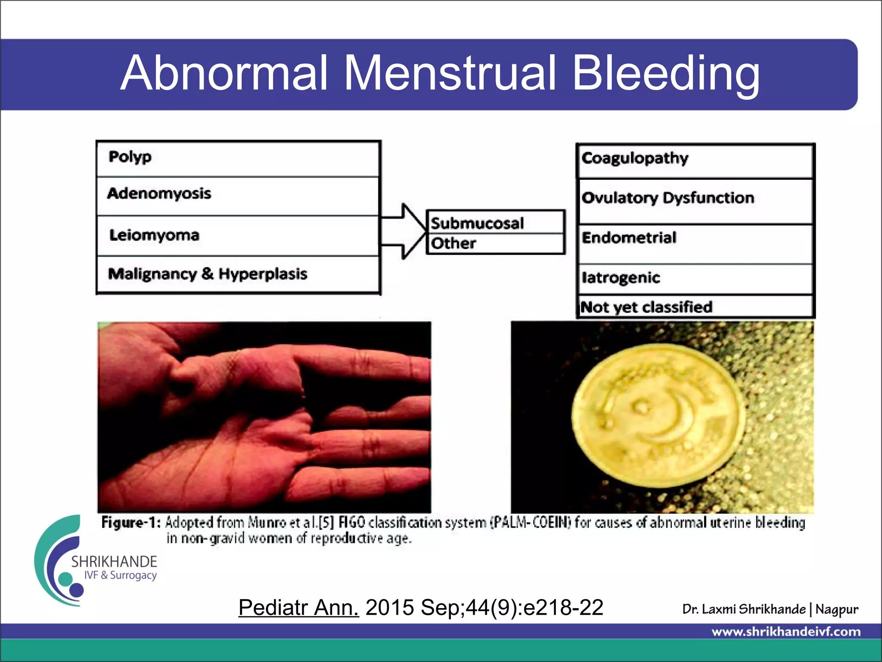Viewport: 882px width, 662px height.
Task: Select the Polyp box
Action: point(238,158)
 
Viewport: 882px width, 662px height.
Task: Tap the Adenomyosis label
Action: point(159,194)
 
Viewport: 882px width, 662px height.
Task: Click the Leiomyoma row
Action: point(238,235)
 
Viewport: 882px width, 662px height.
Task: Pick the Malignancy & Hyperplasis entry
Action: point(207,274)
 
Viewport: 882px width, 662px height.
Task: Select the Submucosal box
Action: point(495,222)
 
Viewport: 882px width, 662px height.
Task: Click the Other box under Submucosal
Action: point(495,244)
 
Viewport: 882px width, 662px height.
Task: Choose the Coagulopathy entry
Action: point(635,159)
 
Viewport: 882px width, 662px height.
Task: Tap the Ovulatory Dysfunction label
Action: point(668,198)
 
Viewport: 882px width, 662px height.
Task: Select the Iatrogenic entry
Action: point(621,278)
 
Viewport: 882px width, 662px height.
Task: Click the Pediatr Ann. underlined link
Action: point(298,608)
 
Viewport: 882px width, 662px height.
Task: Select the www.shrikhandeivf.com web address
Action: point(786,632)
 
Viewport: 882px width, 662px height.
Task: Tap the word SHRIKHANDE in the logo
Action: point(114,562)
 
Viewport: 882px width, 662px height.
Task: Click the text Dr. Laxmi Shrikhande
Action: point(744,609)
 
